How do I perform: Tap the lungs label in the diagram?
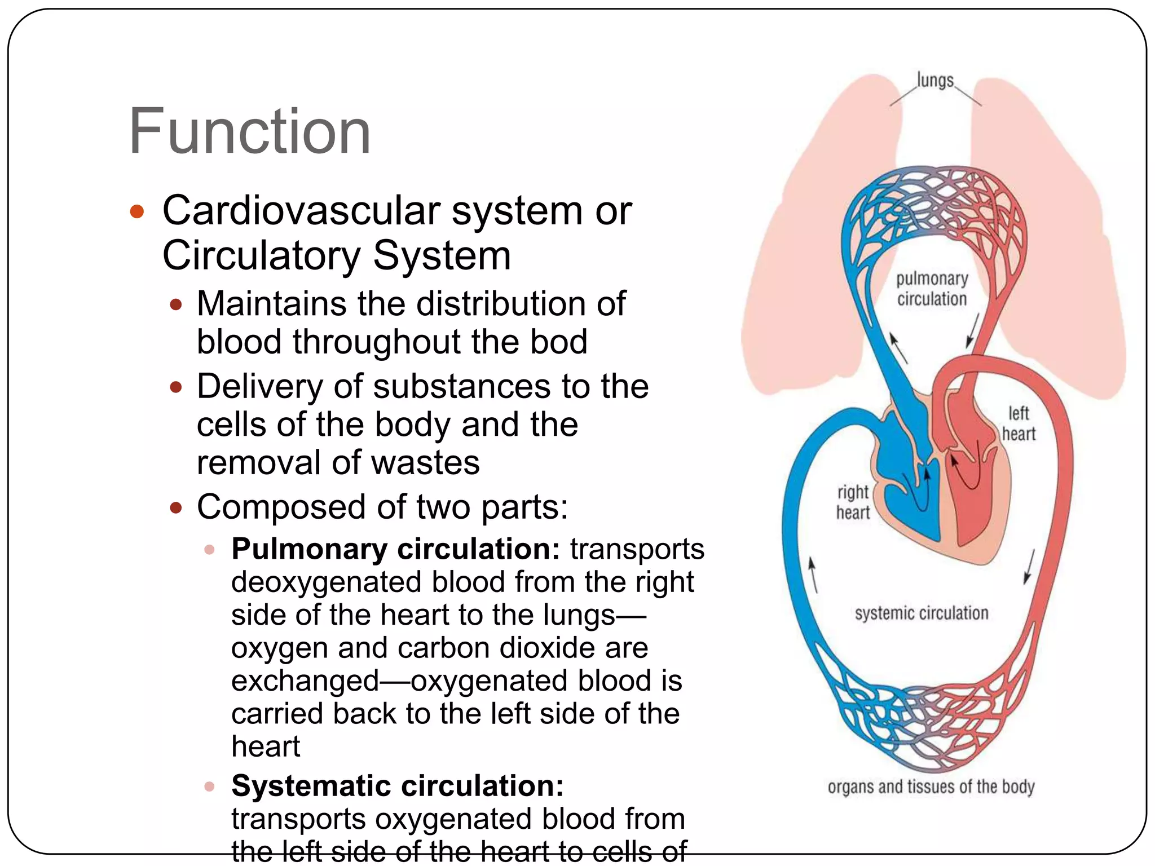[935, 81]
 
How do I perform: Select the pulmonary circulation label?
[932, 289]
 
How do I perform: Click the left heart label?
[1019, 423]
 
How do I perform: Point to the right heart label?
[853, 502]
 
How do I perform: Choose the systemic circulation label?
[922, 613]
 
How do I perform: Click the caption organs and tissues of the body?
[931, 787]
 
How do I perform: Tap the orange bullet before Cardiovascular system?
[137, 212]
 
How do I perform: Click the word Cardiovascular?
[301, 211]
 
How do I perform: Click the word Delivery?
[260, 387]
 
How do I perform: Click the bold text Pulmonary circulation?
[395, 549]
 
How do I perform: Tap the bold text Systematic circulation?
[397, 785]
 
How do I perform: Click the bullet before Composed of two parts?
[176, 507]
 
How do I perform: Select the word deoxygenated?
[327, 581]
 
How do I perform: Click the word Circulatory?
[261, 256]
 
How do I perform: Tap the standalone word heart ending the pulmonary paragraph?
[266, 746]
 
